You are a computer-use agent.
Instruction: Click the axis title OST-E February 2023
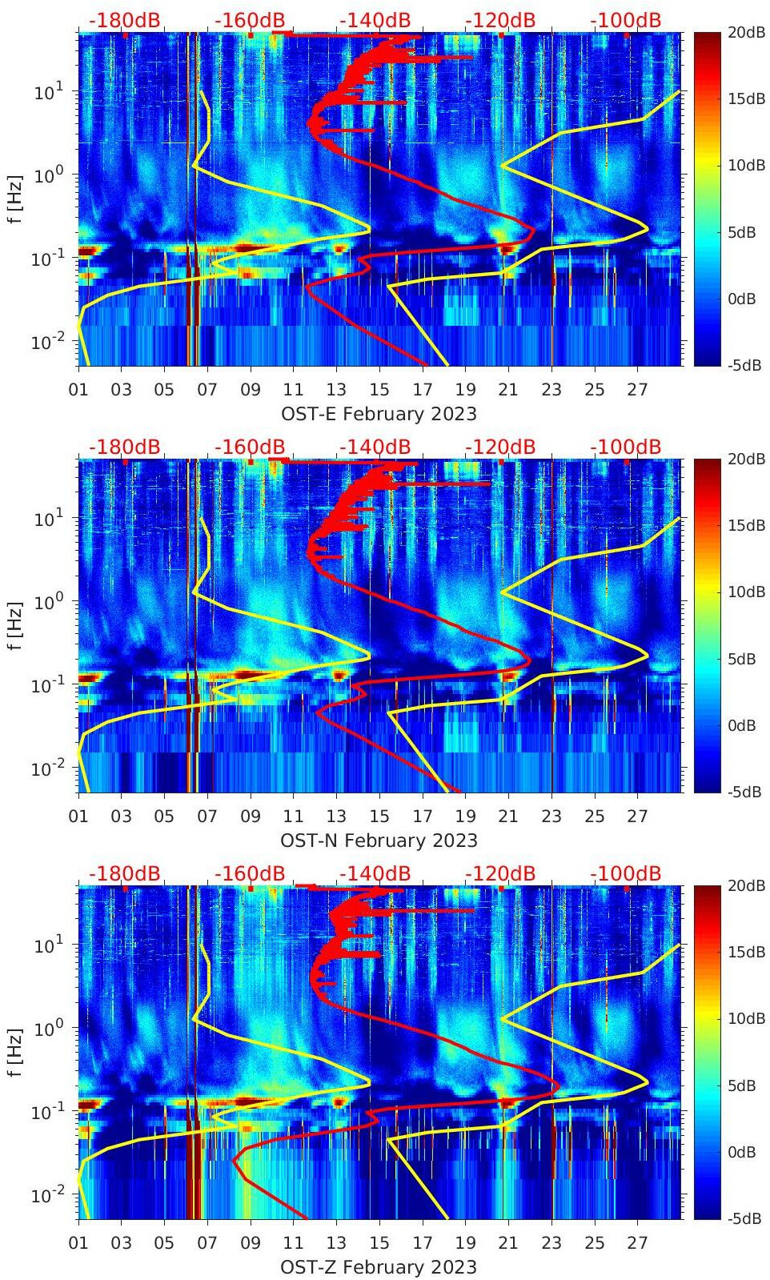pos(379,414)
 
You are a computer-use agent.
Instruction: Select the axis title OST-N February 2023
pos(379,841)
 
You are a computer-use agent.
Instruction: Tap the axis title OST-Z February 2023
pos(379,1267)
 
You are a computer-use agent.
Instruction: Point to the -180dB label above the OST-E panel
pos(124,20)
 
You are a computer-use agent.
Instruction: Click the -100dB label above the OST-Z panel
pos(625,873)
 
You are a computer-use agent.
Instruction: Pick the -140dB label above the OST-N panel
pos(375,447)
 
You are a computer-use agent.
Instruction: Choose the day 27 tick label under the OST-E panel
pos(637,390)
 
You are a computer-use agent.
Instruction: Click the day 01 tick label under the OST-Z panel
pos(78,1243)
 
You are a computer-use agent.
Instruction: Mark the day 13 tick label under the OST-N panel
pos(336,817)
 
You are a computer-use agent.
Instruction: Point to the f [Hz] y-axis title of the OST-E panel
pos(14,199)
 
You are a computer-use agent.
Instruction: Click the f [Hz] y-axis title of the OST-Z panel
pos(14,1052)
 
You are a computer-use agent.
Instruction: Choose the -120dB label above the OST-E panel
pos(499,20)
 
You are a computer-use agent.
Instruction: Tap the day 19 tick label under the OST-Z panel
pos(465,1243)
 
